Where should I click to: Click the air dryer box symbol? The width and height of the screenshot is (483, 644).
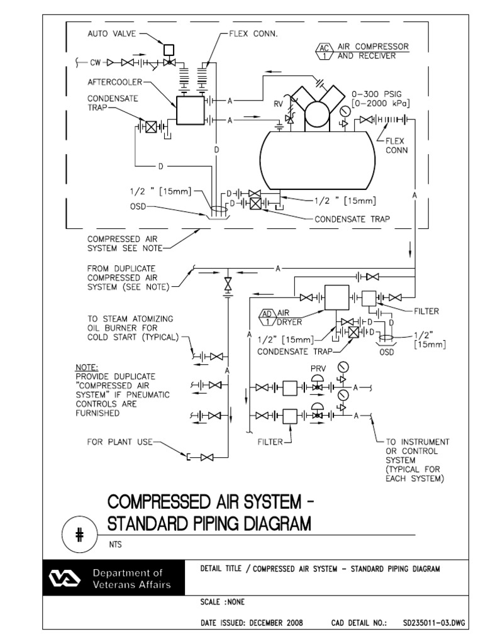pyautogui.click(x=336, y=297)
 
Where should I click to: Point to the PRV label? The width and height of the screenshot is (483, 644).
pyautogui.click(x=317, y=367)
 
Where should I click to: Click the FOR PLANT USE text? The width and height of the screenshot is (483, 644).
pyautogui.click(x=119, y=442)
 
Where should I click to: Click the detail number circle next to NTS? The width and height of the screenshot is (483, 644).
pyautogui.click(x=79, y=534)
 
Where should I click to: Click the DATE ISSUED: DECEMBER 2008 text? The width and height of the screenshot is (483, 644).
pyautogui.click(x=252, y=623)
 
